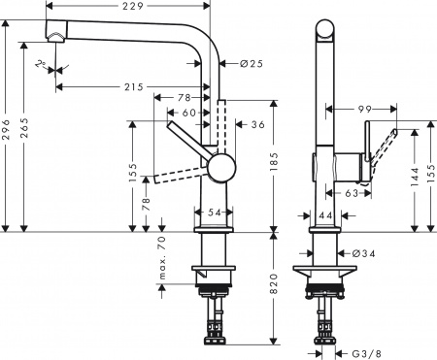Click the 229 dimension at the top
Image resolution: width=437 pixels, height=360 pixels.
pos(134,9)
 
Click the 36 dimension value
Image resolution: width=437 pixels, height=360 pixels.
pos(256,124)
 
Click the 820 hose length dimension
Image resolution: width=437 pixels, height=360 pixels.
pos(275,282)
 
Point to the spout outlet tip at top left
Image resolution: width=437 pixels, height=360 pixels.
pos(55,36)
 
